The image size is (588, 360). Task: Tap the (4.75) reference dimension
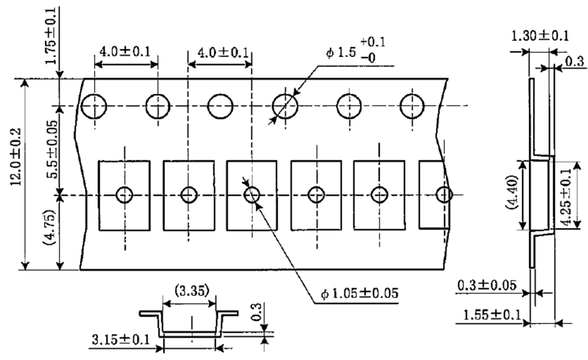(50, 233)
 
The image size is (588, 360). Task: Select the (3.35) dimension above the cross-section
(190, 290)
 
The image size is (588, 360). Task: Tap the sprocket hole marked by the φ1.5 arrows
(285, 105)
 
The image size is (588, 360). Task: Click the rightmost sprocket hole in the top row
(412, 105)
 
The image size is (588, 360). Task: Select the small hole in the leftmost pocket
(125, 195)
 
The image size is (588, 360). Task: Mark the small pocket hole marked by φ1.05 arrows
(251, 195)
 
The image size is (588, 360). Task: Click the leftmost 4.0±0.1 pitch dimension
(125, 51)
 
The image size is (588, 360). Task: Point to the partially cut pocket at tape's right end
(435, 195)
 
